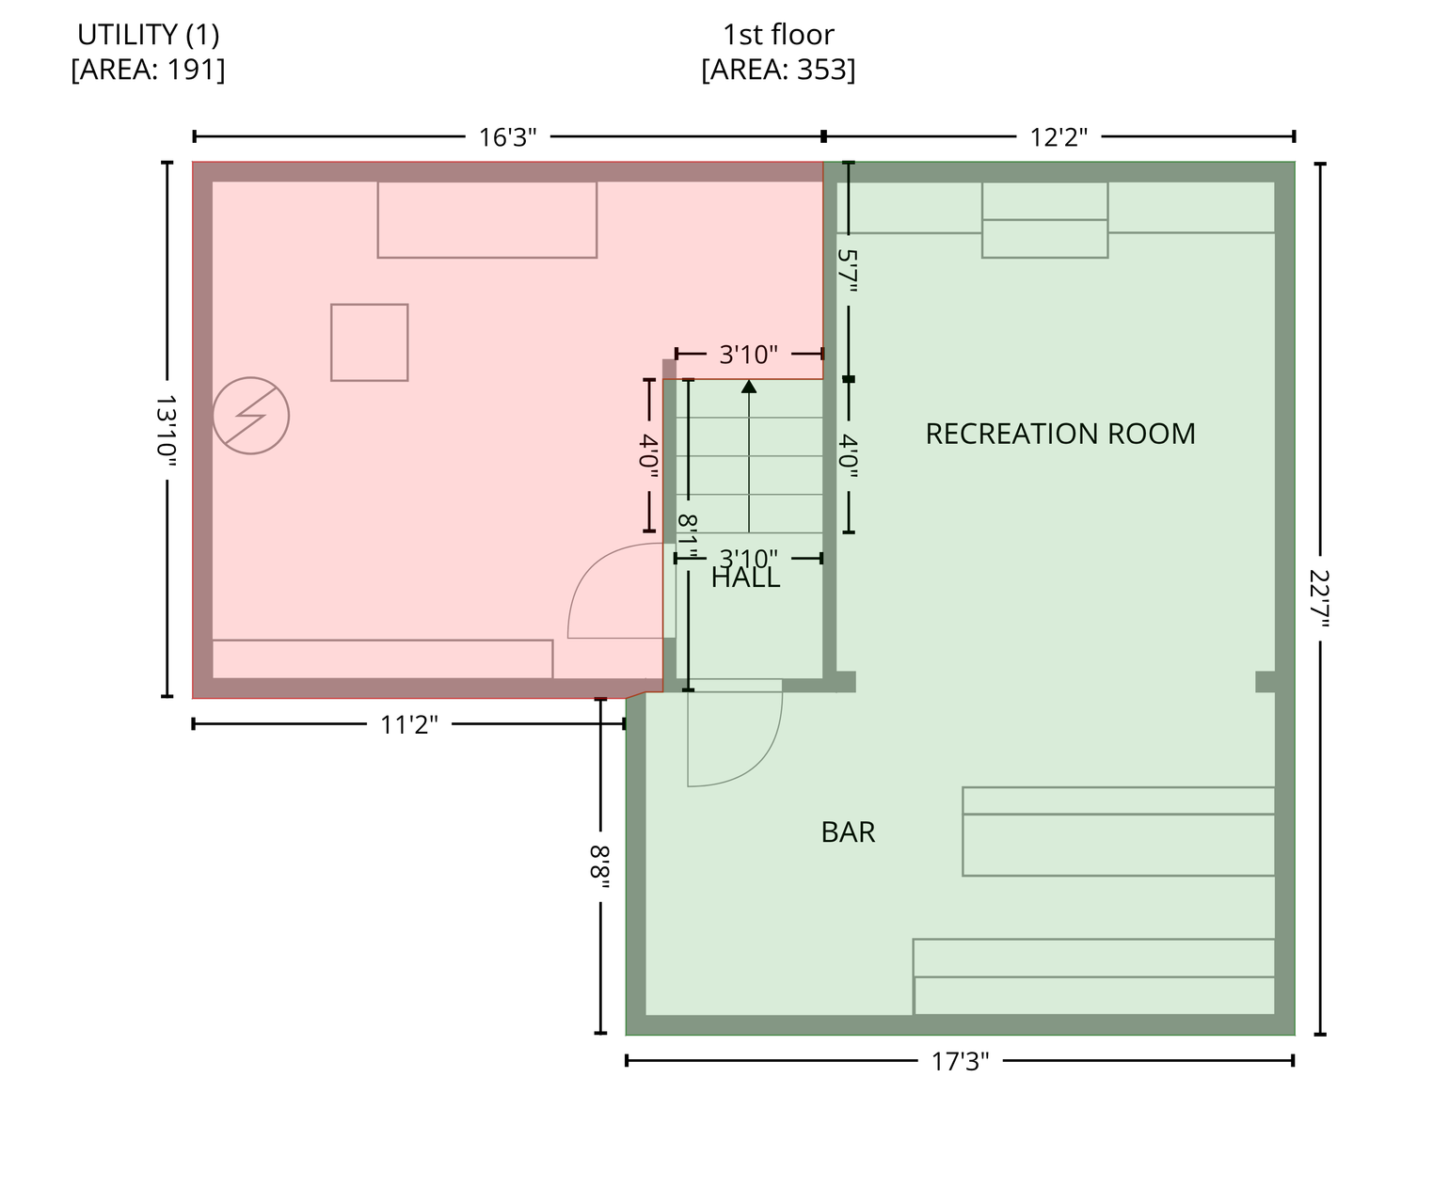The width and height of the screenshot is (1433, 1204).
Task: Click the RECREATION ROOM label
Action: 1059,434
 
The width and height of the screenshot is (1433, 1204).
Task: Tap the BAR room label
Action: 848,832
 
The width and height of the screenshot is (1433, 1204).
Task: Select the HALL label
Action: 745,578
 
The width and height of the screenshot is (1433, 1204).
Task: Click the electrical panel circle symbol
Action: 250,416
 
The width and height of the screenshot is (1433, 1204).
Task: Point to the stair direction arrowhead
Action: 749,387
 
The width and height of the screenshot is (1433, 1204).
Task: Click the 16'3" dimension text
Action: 507,137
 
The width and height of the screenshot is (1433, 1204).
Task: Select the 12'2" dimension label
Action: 1059,137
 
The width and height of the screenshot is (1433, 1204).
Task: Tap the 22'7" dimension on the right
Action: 1320,598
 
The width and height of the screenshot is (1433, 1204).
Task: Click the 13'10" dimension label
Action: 167,430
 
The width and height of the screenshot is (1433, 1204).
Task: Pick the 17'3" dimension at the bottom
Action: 960,1061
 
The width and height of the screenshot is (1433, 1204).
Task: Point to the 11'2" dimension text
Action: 409,724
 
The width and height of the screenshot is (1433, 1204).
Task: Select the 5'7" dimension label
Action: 849,270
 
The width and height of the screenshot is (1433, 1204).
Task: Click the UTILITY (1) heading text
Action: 149,34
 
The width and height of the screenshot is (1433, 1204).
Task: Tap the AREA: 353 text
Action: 778,70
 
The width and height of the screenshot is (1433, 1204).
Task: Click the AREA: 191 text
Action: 148,70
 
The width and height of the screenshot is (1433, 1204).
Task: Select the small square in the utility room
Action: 369,342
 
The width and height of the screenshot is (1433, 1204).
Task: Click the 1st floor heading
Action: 778,34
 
